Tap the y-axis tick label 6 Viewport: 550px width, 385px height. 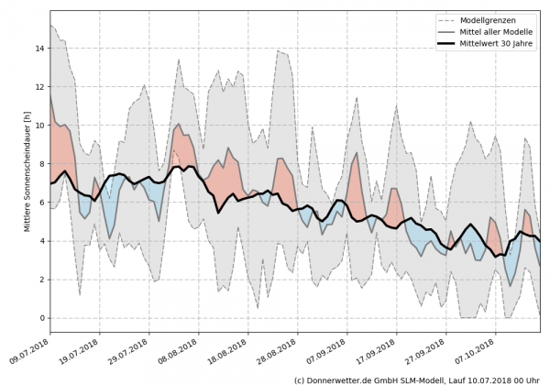click(x=41, y=203)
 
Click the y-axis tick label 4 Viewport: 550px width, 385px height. click(x=41, y=241)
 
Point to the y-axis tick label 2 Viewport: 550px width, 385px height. click(x=41, y=280)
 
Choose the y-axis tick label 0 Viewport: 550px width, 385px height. click(x=41, y=318)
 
